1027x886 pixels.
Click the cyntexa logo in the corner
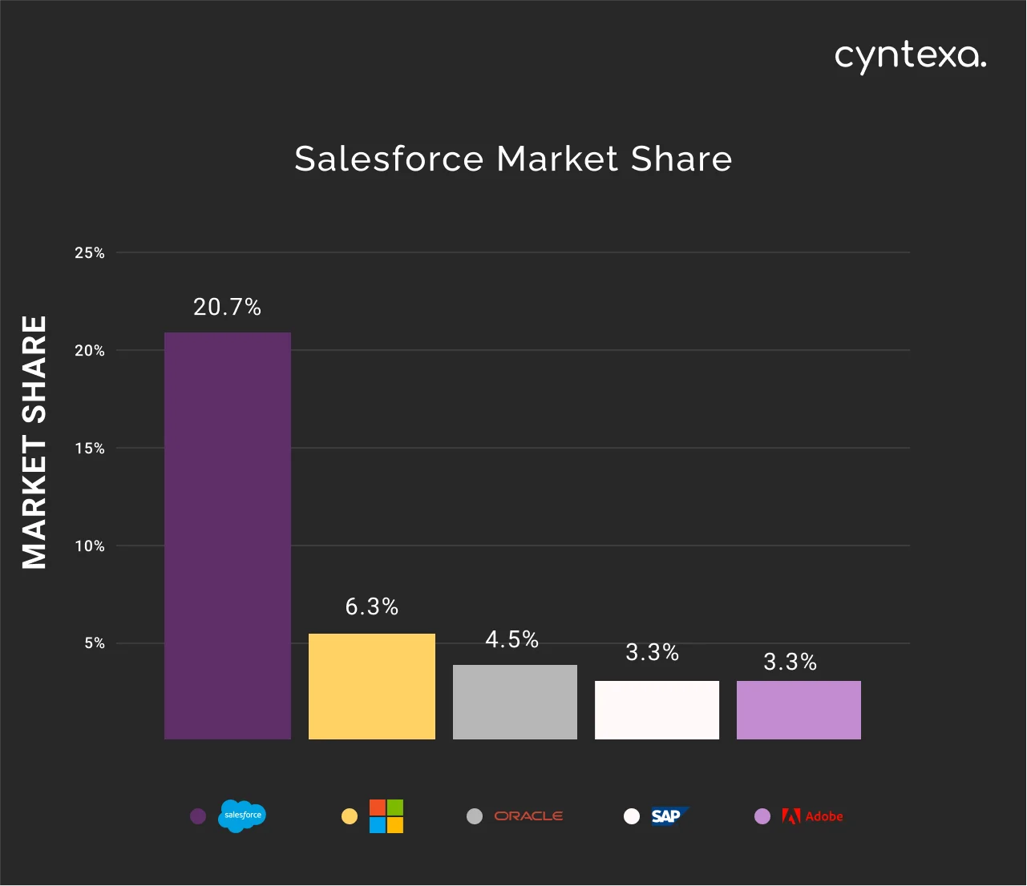(x=910, y=56)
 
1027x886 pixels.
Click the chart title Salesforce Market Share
(x=513, y=159)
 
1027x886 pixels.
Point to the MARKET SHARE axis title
(x=34, y=442)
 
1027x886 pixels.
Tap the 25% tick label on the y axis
(x=90, y=253)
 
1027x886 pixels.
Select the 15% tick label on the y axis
(x=90, y=449)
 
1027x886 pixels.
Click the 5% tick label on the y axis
(x=95, y=643)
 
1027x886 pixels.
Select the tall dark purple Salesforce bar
(x=228, y=535)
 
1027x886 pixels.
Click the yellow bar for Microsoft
(x=372, y=687)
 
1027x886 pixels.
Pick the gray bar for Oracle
(x=515, y=702)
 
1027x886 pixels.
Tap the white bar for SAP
(x=657, y=710)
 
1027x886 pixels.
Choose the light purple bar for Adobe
(x=799, y=710)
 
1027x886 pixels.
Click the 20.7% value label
(x=228, y=307)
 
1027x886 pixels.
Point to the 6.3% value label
(x=372, y=607)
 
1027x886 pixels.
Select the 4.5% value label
(x=512, y=639)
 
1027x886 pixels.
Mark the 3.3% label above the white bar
(x=653, y=653)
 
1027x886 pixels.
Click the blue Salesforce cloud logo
(x=242, y=816)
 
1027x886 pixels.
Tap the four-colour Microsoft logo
(x=386, y=816)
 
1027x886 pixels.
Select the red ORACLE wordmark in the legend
(x=528, y=816)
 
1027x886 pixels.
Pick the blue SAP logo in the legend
(x=668, y=816)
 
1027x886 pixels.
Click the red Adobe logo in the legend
(x=812, y=816)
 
